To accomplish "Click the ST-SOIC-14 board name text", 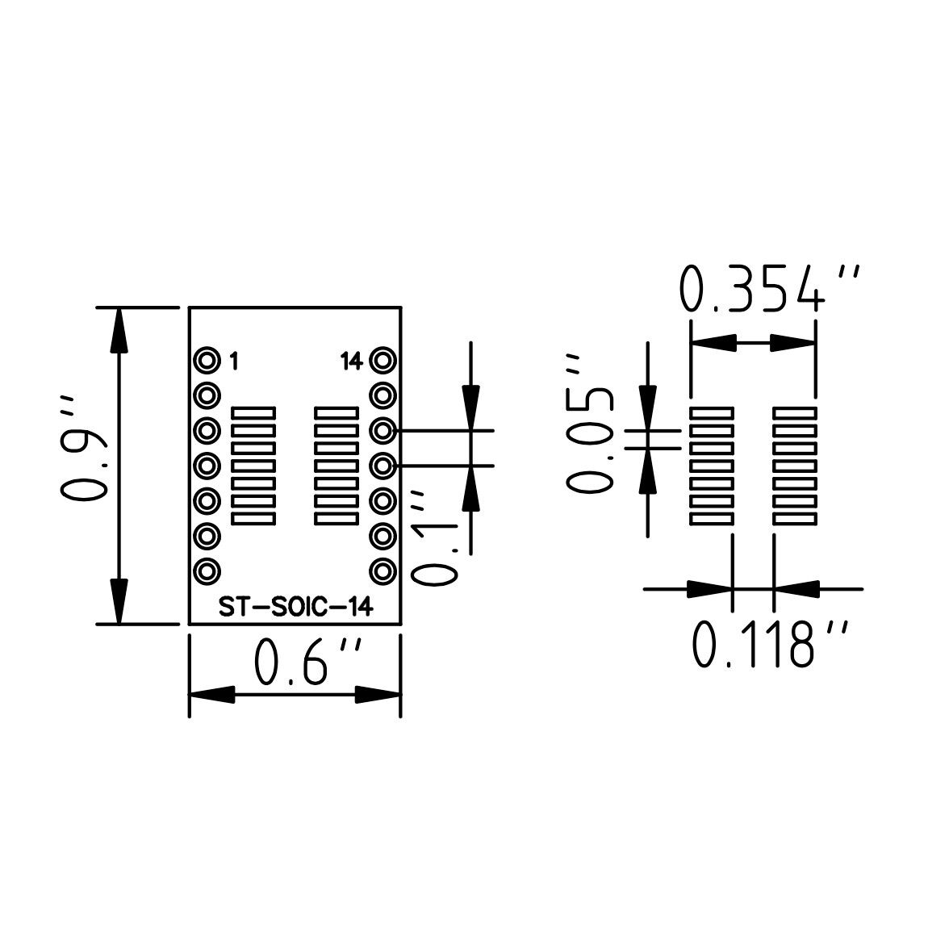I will point(295,608).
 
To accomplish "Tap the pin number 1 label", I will point(234,361).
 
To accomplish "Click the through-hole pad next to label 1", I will point(207,360).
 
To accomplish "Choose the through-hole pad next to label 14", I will point(382,360).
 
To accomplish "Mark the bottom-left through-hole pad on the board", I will point(207,571).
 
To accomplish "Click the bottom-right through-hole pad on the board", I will point(382,571).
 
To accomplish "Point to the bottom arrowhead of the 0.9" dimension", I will point(119,601).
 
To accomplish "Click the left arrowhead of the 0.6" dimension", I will point(211,694).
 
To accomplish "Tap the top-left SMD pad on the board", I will point(253,412).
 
